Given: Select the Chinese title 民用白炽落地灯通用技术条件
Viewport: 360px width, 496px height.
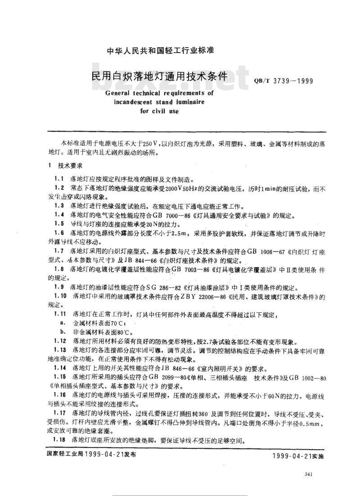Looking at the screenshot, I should [x=159, y=75].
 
